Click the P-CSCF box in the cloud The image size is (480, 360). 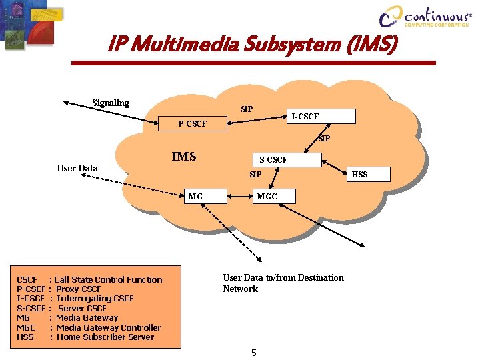(192, 124)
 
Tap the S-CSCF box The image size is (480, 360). (273, 160)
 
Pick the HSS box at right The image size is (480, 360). (361, 175)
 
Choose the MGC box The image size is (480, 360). (267, 197)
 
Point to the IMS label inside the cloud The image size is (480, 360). (184, 157)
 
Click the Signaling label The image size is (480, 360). (111, 103)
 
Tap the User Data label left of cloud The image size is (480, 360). (77, 168)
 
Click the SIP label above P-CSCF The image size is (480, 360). (247, 109)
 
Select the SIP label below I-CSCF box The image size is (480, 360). (324, 139)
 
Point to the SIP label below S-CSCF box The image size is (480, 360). (255, 175)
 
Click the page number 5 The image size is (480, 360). (253, 353)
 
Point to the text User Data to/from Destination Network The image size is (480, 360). (283, 283)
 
